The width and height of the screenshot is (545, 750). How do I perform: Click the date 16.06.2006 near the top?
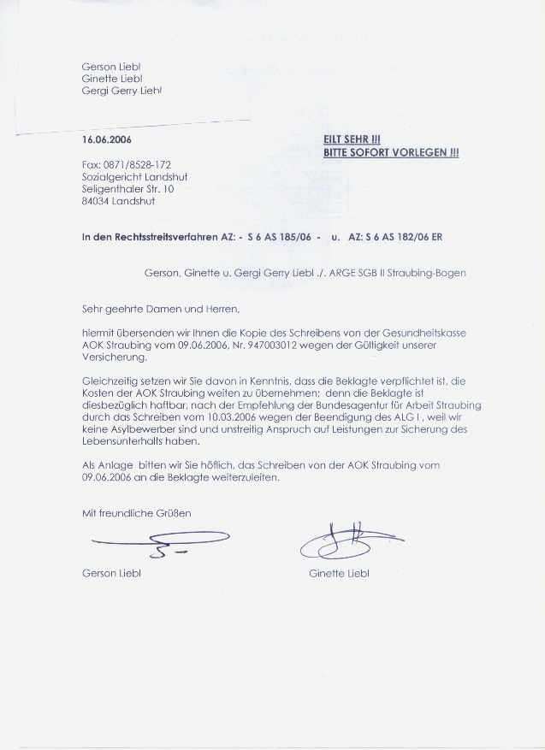107,139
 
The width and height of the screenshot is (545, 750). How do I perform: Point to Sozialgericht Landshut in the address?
134,177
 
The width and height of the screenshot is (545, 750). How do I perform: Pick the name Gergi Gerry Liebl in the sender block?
121,90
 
